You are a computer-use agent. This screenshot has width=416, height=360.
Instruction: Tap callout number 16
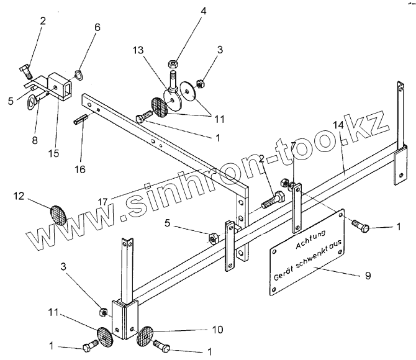coord(81,169)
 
